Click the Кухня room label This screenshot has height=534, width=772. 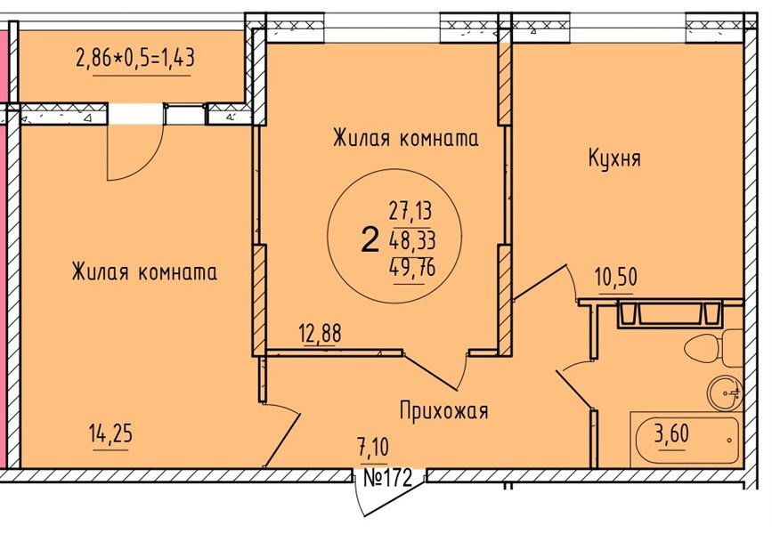click(x=614, y=158)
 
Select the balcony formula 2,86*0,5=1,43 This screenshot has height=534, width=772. click(x=135, y=60)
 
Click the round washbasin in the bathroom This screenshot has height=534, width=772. click(x=725, y=392)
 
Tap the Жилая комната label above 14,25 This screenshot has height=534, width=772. click(x=144, y=272)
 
